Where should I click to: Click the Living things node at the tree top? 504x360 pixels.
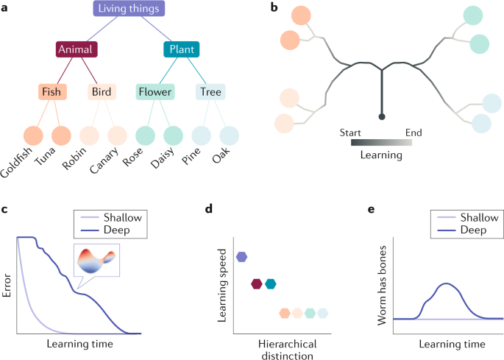pos(129,9)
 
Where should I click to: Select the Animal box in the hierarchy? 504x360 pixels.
pos(77,50)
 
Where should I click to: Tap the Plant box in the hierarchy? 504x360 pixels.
pos(182,50)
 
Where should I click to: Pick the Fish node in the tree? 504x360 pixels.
pos(53,92)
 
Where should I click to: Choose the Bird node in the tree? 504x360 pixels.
pos(102,92)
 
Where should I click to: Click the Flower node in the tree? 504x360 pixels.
pos(155,92)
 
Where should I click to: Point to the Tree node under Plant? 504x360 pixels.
pos(210,92)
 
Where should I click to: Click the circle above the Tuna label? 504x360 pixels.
pos(60,135)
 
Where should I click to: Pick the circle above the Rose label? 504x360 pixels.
pos(147,135)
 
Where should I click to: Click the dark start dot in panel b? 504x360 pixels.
pos(382,116)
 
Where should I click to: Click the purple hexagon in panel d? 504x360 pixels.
pos(241,257)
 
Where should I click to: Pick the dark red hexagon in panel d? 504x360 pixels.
pos(257,284)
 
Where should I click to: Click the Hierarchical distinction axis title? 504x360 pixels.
pos(287,350)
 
